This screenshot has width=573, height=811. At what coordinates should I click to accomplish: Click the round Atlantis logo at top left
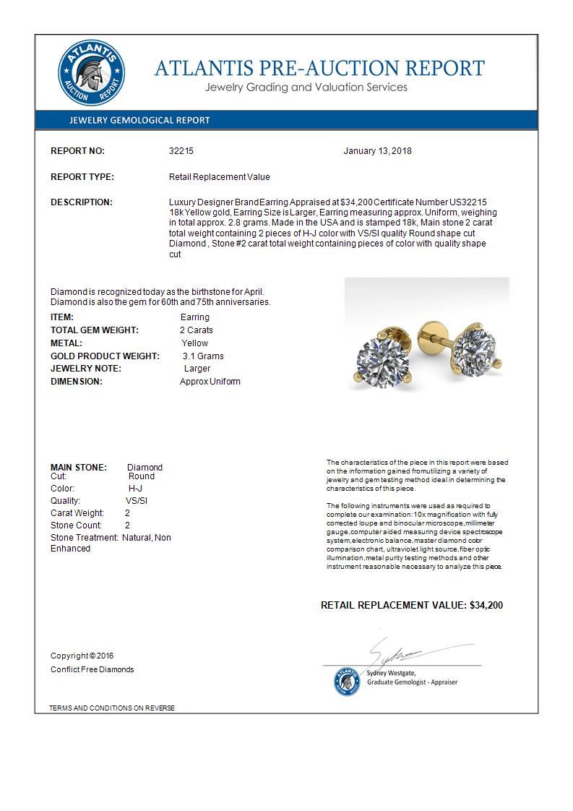pos(92,73)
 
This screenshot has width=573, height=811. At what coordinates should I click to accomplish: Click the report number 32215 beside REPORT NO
pos(181,151)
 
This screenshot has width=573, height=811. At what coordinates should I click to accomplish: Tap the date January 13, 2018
pos(377,151)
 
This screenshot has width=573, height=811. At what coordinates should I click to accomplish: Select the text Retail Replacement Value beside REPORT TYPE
pos(219,177)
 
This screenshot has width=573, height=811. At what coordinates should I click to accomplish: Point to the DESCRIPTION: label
pos(81,202)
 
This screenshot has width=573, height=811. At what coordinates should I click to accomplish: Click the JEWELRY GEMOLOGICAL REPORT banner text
pos(139,121)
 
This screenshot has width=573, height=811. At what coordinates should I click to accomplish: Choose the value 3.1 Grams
pos(203,356)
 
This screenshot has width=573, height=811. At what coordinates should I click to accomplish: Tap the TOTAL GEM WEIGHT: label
pos(94,330)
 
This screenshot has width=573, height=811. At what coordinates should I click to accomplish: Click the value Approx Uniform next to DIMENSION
pos(210,382)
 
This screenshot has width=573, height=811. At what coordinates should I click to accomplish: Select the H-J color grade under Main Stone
pos(130,489)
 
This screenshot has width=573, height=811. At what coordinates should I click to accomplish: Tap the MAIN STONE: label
pos(79,468)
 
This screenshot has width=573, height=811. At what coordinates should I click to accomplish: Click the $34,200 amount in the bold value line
pos(486,605)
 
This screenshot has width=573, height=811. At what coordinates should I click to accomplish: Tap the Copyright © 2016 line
pos(82,656)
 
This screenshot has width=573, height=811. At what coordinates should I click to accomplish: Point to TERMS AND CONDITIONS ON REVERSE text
pos(112,708)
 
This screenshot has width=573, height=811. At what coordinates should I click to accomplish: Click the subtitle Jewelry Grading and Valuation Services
pos(306,87)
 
